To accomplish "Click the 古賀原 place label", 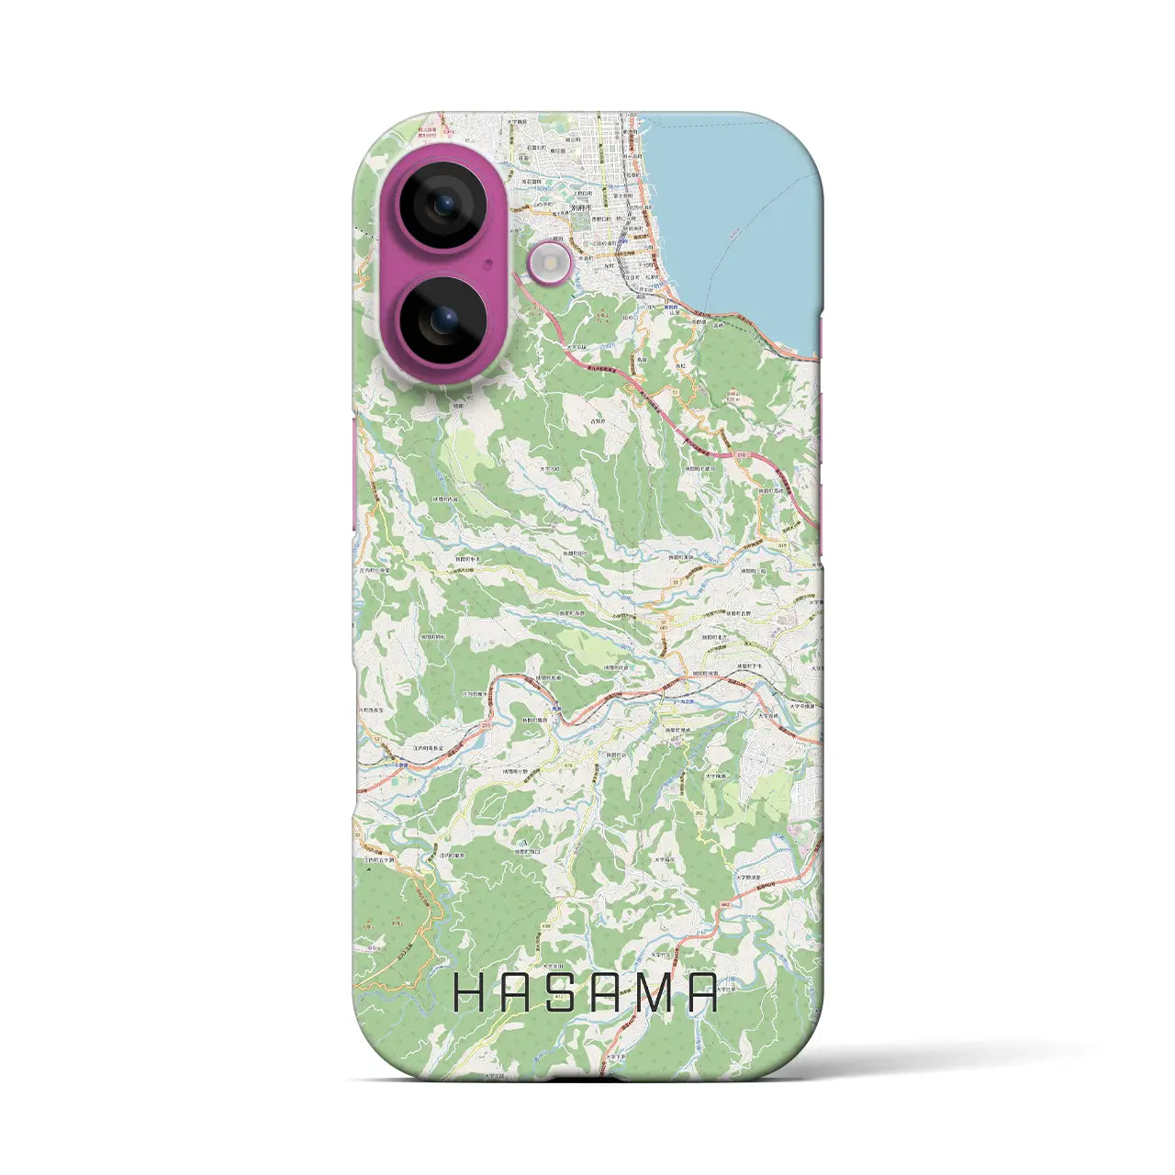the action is (599, 421).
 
